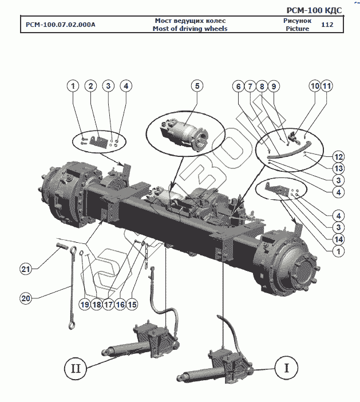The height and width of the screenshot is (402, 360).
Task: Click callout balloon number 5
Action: click(x=197, y=86)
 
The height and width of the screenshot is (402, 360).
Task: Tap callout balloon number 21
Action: click(x=26, y=269)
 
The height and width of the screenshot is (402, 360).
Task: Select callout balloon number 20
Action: click(x=26, y=298)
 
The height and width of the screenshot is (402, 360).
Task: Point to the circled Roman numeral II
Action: click(x=76, y=369)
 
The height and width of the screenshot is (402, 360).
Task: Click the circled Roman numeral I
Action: click(x=286, y=368)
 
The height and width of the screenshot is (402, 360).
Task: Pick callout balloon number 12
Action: click(x=338, y=157)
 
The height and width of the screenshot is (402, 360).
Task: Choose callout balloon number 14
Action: click(x=338, y=239)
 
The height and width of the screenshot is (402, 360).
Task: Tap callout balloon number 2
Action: click(x=90, y=86)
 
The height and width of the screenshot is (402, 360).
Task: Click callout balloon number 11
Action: click(x=327, y=86)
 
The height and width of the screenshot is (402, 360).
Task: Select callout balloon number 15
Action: click(x=132, y=305)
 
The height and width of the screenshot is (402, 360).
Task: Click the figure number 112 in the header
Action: click(x=327, y=25)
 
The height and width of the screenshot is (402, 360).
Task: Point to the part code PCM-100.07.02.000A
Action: click(x=61, y=25)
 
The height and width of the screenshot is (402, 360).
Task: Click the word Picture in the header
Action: click(x=297, y=29)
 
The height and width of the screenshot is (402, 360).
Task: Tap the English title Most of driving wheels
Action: click(x=190, y=29)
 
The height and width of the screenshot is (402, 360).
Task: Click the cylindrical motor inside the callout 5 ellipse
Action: click(x=184, y=135)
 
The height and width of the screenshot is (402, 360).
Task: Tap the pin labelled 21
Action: click(x=62, y=245)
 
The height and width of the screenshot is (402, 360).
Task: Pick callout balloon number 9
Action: click(x=274, y=86)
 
